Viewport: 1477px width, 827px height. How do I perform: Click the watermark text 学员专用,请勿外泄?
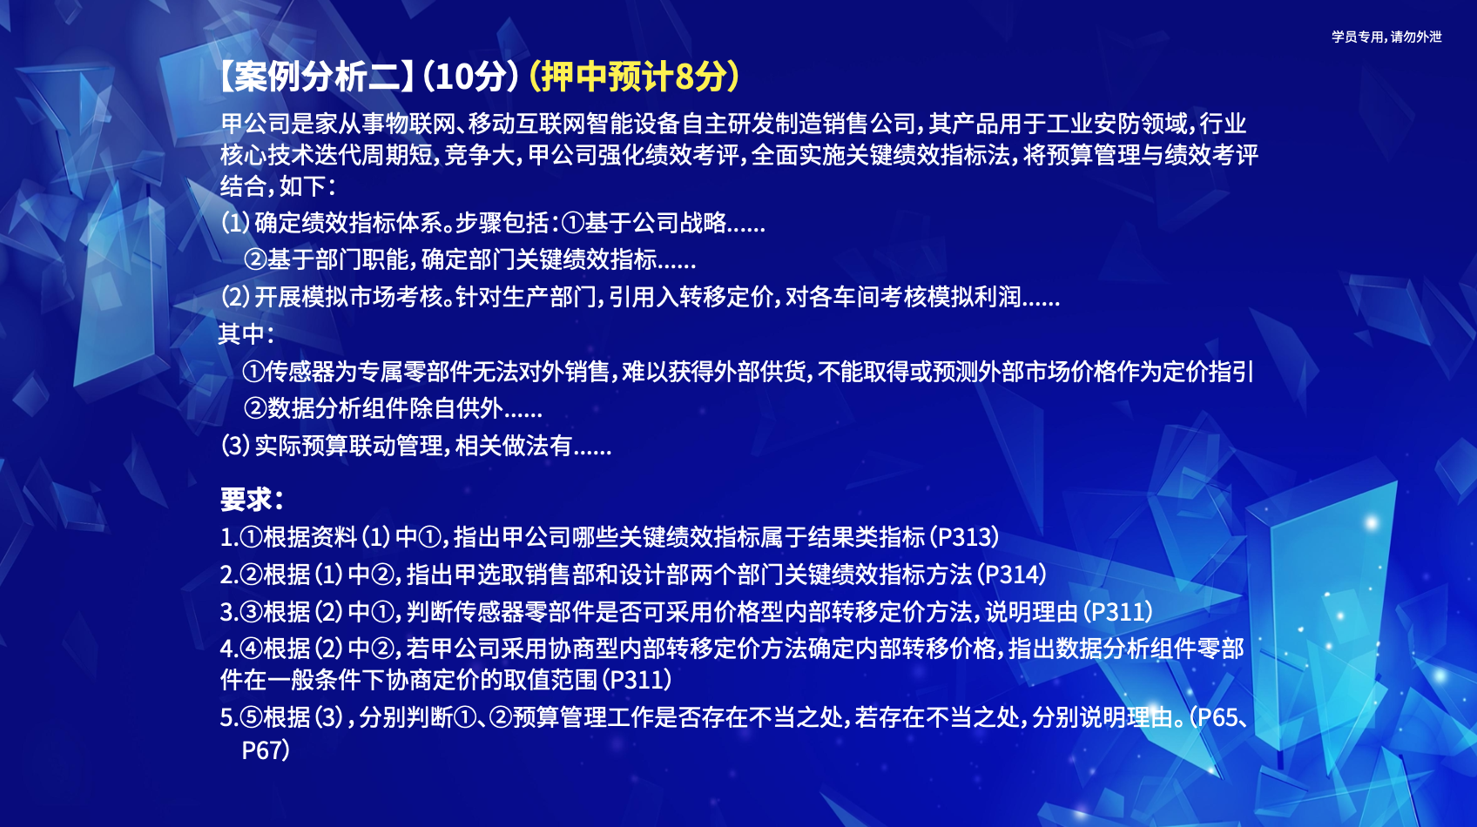(x=1386, y=37)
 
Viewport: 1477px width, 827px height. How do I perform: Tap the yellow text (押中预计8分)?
(x=634, y=77)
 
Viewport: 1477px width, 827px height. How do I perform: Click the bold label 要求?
(x=252, y=500)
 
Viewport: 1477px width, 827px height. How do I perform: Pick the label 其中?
(x=246, y=335)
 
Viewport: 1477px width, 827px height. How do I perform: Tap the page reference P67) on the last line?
(x=266, y=750)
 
